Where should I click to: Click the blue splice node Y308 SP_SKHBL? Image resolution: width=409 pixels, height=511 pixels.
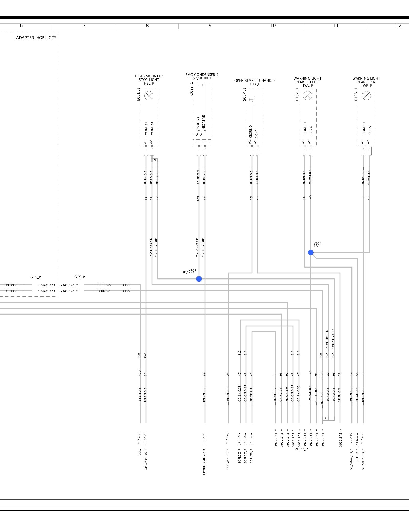(x=199, y=279)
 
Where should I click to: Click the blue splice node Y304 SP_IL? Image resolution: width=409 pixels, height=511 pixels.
(x=311, y=252)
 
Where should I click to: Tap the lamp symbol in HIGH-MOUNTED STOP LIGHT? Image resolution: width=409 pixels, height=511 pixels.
(x=149, y=96)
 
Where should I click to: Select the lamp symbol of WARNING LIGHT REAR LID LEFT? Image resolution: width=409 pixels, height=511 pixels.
(x=307, y=96)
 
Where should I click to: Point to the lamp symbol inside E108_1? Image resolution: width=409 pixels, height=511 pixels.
(x=366, y=96)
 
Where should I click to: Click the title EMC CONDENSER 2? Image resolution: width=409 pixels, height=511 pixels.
(x=202, y=75)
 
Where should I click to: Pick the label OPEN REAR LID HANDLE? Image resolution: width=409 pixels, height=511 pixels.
(x=255, y=80)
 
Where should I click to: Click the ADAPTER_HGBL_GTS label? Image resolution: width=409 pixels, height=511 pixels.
(x=36, y=38)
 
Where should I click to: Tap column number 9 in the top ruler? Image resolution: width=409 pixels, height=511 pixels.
(x=210, y=25)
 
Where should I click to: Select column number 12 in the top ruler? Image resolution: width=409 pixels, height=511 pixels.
(x=398, y=25)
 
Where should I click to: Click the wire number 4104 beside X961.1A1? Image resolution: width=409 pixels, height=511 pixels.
(x=126, y=285)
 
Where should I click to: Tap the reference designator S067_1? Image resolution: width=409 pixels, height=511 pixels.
(x=244, y=95)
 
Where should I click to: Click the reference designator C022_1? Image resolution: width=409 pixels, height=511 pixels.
(x=191, y=89)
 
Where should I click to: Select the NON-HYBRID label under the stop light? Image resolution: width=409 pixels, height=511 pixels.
(x=151, y=247)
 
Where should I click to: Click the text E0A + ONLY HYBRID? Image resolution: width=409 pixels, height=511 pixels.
(x=333, y=344)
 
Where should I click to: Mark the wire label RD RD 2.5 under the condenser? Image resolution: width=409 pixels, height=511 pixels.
(x=198, y=177)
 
